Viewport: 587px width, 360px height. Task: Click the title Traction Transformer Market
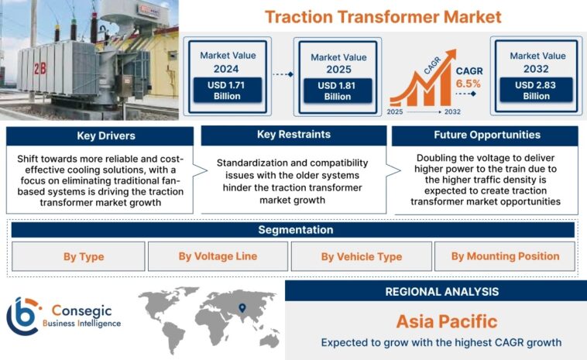click(383, 16)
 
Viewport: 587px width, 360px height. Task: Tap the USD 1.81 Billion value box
click(337, 91)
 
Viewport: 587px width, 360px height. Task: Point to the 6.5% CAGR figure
click(469, 82)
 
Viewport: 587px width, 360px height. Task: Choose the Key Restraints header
click(293, 135)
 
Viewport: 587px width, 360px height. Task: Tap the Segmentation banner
click(293, 230)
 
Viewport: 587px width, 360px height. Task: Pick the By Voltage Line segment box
click(218, 256)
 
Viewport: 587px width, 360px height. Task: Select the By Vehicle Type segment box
click(362, 256)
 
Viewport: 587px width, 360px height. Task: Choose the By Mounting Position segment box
click(505, 256)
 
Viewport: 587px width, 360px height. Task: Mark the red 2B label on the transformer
click(39, 68)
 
